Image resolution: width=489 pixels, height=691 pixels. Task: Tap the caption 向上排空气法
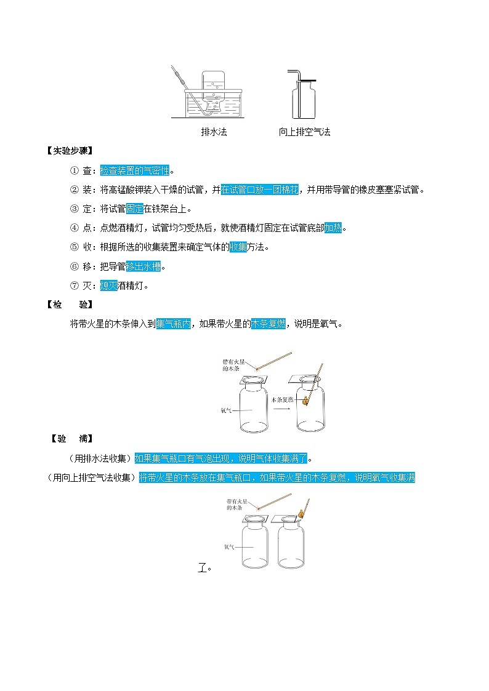304,132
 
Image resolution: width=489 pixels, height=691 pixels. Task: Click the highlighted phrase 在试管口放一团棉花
259,190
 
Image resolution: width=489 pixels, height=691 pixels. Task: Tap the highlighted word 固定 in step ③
134,209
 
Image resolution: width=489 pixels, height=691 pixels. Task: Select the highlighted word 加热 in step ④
333,228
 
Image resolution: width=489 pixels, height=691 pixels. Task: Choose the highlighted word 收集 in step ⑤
238,247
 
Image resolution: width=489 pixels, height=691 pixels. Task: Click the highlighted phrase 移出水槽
143,266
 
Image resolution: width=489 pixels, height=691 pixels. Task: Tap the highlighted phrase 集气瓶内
174,324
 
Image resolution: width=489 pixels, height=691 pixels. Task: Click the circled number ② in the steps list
74,190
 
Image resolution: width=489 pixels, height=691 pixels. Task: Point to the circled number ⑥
74,266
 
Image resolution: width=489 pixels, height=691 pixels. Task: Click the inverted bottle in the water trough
215,91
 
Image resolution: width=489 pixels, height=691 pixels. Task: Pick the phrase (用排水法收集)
100,458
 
